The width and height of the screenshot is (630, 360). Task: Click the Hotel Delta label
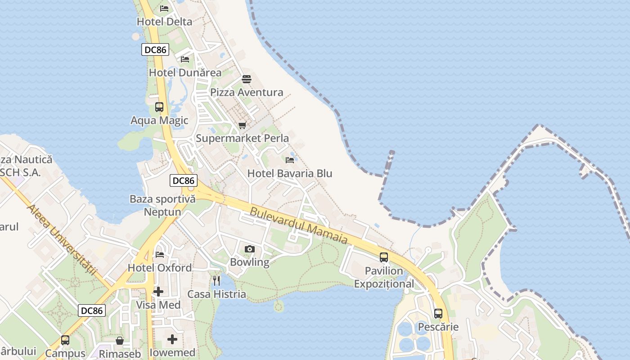164,22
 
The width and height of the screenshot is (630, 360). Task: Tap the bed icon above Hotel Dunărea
185,59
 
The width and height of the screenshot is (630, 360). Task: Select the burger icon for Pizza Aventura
247,80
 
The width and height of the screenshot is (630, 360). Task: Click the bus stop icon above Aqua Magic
159,107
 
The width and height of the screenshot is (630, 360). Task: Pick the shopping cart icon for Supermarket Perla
243,125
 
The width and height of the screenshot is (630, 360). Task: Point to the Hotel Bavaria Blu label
290,173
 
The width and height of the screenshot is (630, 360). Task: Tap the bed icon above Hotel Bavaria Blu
290,160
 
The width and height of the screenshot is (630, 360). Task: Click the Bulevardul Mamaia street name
299,225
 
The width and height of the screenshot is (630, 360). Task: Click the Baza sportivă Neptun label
162,205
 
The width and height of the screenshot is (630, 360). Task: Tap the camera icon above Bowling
249,249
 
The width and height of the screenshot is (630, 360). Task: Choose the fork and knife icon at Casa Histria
217,281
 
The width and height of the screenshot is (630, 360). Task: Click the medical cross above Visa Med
158,292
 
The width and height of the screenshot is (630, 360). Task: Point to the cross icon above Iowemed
172,339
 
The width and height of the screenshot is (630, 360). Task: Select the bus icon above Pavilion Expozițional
384,257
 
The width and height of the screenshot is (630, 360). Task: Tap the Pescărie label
438,327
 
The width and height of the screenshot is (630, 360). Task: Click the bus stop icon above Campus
65,340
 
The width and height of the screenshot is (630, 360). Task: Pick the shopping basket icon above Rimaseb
120,341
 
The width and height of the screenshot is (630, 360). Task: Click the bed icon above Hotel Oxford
160,254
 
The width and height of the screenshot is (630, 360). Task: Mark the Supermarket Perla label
242,139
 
